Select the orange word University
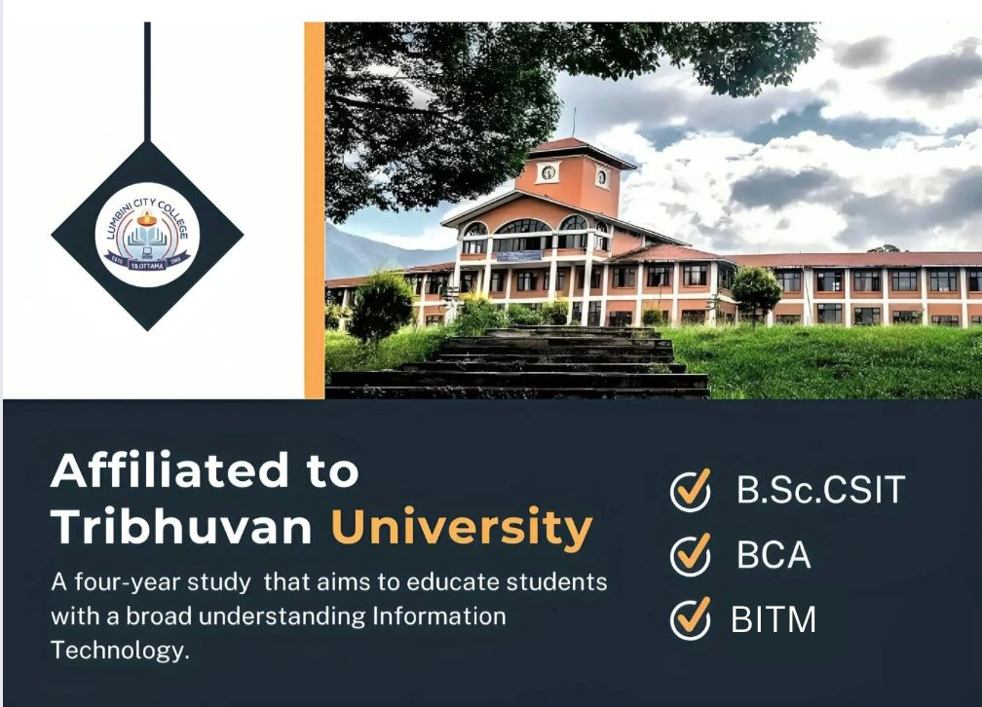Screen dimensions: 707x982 462,527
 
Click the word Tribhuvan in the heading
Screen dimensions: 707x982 181,527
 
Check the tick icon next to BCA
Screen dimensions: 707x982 691,556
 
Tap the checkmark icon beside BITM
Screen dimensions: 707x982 691,619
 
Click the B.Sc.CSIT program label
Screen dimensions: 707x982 820,491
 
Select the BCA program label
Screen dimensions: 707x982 774,556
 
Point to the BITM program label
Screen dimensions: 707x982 774,619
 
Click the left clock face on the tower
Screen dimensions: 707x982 548,173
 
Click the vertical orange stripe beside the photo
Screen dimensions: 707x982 314,209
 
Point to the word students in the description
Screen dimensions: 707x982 556,583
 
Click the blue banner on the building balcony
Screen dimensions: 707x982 519,255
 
